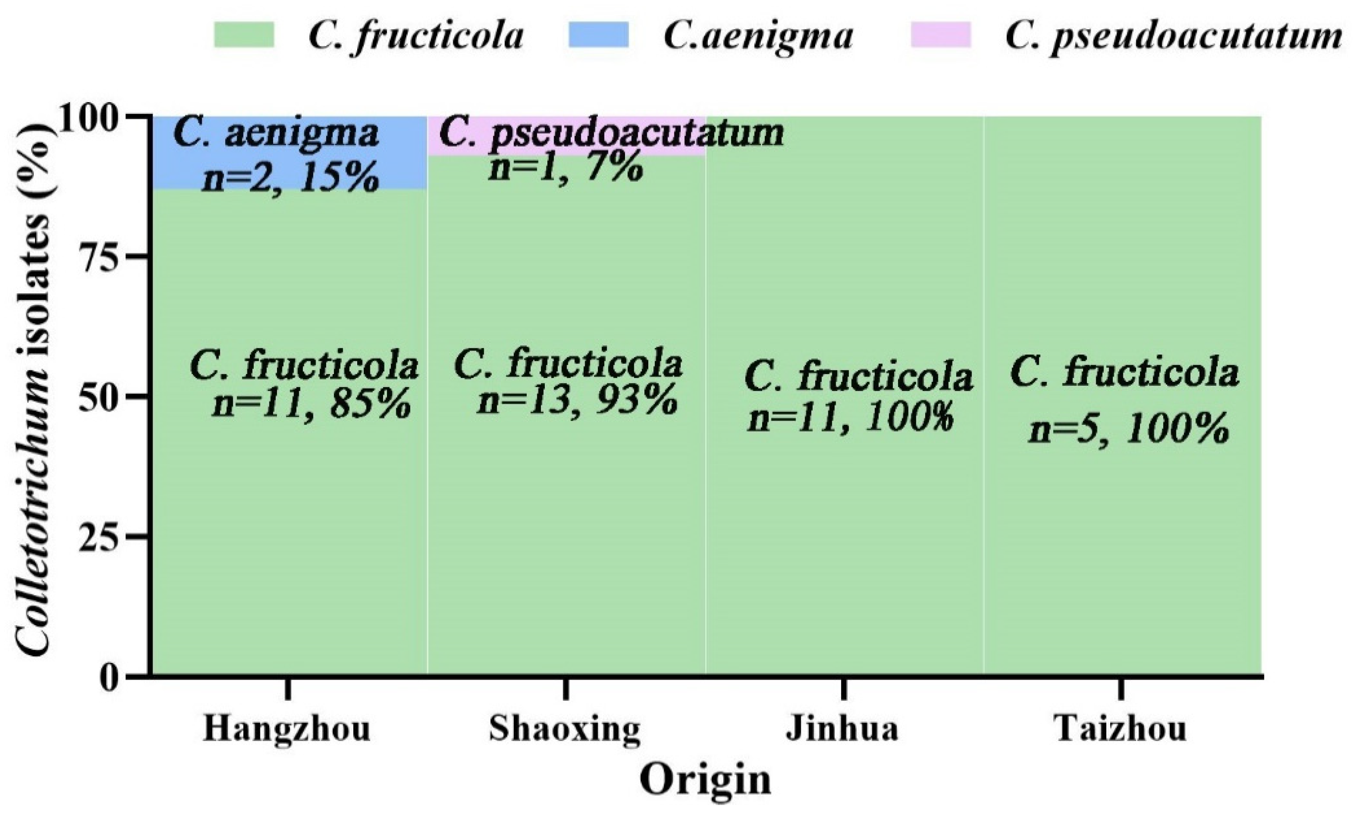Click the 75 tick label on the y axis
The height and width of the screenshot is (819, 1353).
pyautogui.click(x=104, y=256)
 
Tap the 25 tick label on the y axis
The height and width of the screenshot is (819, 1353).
pyautogui.click(x=104, y=536)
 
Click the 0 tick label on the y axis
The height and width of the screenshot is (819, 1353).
pyautogui.click(x=113, y=676)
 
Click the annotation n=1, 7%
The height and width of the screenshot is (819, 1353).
pyautogui.click(x=565, y=168)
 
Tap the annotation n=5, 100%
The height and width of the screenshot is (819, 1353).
pyautogui.click(x=1129, y=430)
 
